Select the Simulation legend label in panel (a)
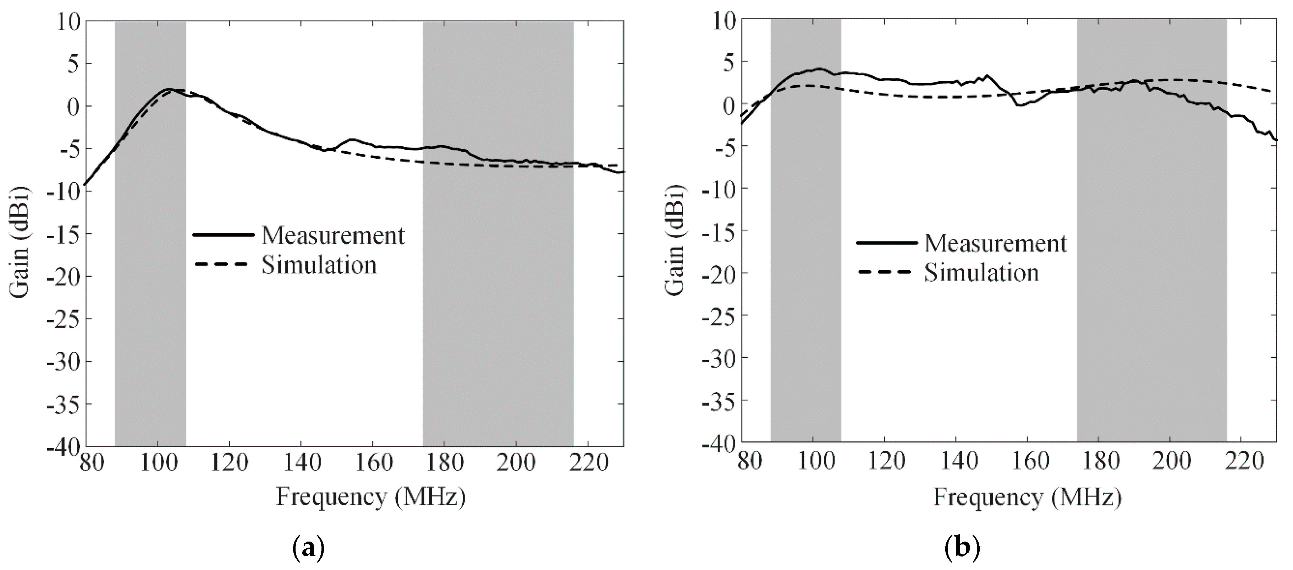pyautogui.click(x=319, y=265)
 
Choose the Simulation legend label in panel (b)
pyautogui.click(x=981, y=273)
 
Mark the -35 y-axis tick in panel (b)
pyautogui.click(x=718, y=400)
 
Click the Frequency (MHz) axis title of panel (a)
pyautogui.click(x=370, y=497)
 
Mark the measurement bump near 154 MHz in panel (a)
pyautogui.click(x=351, y=140)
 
